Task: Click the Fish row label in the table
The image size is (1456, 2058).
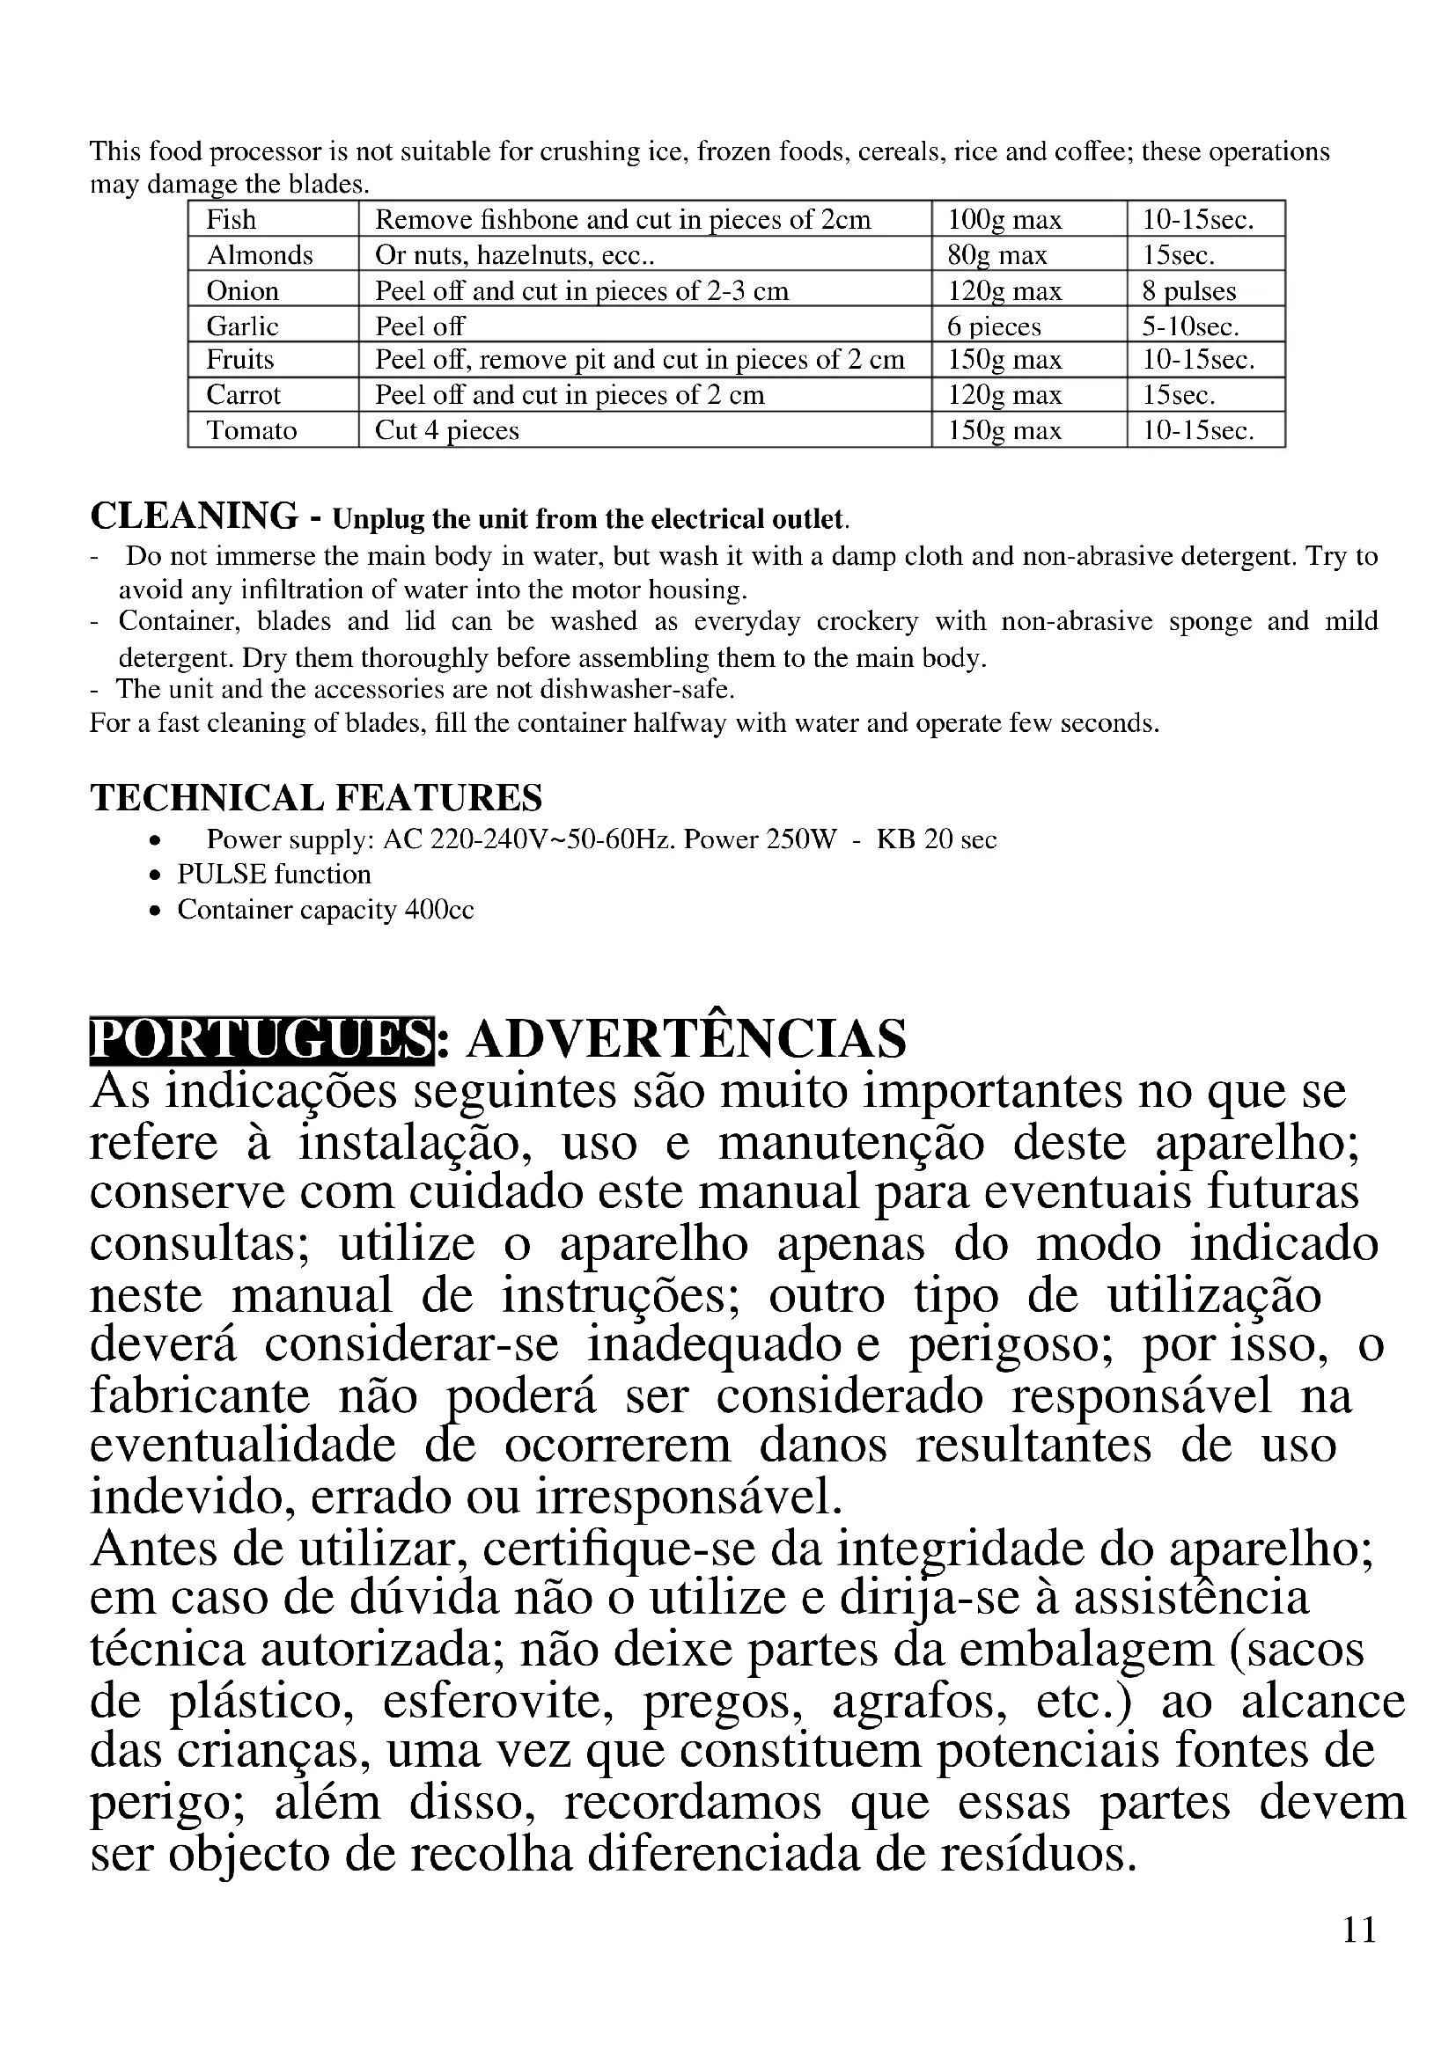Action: tap(232, 220)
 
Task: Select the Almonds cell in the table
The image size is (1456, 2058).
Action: tap(260, 255)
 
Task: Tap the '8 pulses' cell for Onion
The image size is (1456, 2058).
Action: tap(1188, 291)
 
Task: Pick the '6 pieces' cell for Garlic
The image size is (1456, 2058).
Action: tap(994, 326)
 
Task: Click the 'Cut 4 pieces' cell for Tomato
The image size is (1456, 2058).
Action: tap(446, 431)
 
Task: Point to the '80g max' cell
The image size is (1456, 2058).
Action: tap(997, 255)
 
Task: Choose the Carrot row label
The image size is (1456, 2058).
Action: tap(244, 395)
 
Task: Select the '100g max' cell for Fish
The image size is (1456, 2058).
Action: tap(1004, 220)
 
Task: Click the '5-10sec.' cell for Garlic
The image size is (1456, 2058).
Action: tap(1190, 326)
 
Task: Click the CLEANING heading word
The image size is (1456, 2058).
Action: tap(194, 516)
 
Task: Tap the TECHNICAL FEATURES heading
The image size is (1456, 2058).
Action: tap(316, 797)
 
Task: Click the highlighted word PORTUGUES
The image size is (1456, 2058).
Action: tap(261, 1040)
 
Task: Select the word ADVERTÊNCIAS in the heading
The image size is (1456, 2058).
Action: tap(686, 1040)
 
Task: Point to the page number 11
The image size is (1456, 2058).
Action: tap(1359, 1929)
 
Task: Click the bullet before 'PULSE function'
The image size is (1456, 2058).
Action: tap(156, 875)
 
